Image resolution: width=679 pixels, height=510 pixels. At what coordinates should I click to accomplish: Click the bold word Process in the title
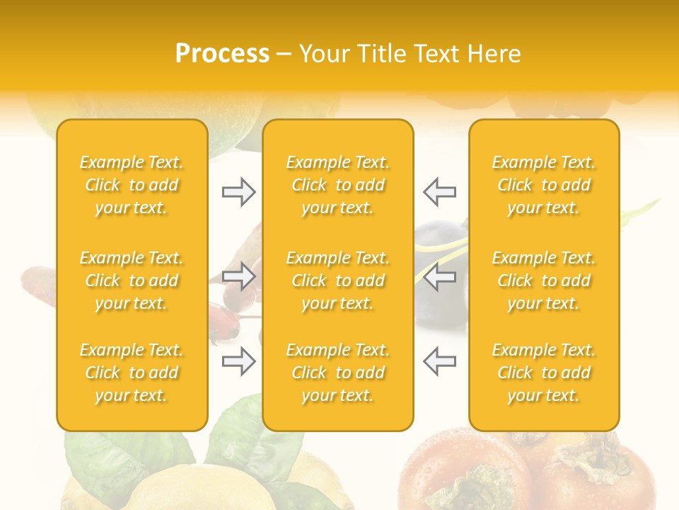point(222,54)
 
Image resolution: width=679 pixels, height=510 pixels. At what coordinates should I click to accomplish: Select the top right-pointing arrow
point(239,192)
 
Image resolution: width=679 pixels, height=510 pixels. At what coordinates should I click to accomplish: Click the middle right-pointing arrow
point(239,276)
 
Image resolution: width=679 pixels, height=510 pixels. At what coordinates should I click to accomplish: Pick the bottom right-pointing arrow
point(239,361)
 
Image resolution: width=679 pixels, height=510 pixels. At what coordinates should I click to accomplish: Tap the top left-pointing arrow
point(439,192)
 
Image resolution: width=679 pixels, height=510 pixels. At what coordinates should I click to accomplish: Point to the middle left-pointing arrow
point(439,276)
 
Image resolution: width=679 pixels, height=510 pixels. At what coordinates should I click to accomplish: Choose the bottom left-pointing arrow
point(439,361)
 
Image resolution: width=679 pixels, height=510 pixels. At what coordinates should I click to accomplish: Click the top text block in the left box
point(132,185)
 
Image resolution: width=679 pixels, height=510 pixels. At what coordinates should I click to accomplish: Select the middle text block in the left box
point(132,280)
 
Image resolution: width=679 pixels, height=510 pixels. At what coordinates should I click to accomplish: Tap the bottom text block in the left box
point(132,373)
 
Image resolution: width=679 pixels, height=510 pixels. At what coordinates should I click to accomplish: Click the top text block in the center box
point(338,185)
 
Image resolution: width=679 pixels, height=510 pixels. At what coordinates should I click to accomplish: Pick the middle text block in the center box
point(338,280)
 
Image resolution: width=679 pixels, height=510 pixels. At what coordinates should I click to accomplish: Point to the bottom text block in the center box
point(338,373)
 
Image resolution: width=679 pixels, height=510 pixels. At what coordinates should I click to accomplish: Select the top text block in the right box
point(544,185)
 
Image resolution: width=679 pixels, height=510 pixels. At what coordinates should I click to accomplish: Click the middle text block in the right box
point(544,280)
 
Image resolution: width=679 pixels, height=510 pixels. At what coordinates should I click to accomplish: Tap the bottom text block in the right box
point(544,373)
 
